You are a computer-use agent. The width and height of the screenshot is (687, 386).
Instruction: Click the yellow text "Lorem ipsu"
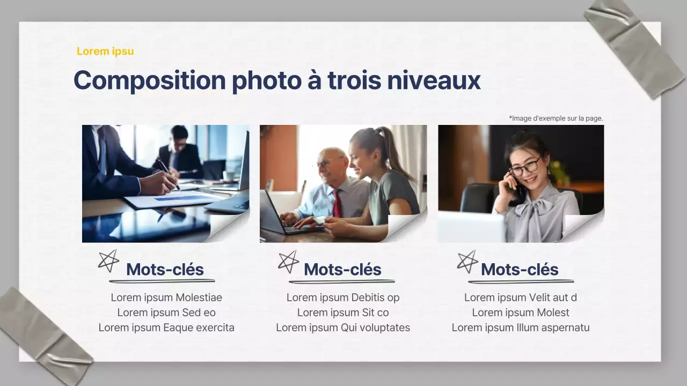coord(105,51)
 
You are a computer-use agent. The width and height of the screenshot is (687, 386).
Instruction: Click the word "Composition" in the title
coord(149,80)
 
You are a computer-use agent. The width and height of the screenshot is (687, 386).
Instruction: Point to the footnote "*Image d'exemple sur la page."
coord(556,118)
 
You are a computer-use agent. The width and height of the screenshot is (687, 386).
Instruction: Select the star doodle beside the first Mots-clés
coord(108,261)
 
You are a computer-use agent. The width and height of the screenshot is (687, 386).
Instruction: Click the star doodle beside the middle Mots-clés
coord(288,261)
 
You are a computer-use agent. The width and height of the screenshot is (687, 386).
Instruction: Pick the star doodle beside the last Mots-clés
coord(467,261)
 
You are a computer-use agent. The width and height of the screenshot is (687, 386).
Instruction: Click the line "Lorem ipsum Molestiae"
coord(166,298)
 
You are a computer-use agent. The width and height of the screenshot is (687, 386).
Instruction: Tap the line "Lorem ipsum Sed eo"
coord(166,313)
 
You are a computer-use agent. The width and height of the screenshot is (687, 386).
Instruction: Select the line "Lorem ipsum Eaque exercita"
coord(166,328)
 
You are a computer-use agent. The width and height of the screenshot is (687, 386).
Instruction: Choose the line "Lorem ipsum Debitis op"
coord(343,298)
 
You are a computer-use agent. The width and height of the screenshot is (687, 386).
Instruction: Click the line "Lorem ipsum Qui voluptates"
coord(343,328)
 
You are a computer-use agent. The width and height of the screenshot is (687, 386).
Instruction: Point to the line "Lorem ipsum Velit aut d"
coord(520,298)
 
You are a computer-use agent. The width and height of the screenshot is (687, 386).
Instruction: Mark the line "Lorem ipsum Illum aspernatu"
coord(520,328)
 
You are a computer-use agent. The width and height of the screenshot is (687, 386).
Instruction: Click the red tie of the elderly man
coord(337,203)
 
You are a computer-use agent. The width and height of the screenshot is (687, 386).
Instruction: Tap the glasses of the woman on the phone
coord(524,168)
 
